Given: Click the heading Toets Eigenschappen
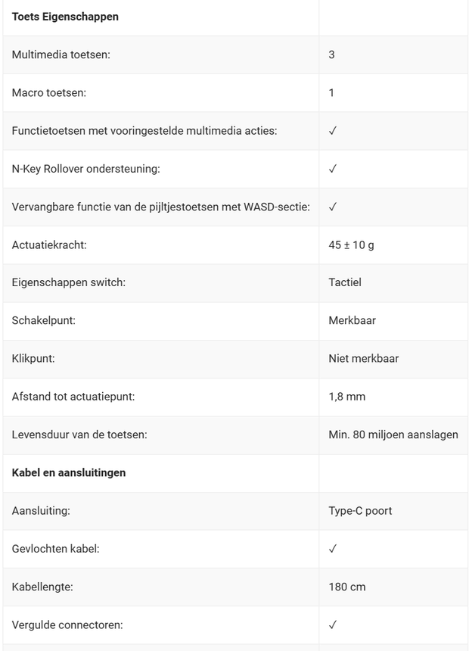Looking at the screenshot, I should (x=65, y=17).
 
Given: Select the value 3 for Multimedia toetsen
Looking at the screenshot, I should (x=331, y=55).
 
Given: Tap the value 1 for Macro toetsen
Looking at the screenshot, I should (x=331, y=93).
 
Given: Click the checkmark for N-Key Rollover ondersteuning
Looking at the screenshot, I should (x=333, y=169).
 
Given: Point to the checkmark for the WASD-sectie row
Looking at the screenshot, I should (x=333, y=207).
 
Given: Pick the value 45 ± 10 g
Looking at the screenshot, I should (x=351, y=245).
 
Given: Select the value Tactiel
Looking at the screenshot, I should (x=345, y=282).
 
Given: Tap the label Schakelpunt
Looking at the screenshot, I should (x=44, y=320).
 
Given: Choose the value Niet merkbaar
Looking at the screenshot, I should (x=363, y=358).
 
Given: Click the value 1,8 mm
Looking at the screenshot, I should (x=346, y=396).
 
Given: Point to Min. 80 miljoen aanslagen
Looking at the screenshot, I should (x=393, y=435).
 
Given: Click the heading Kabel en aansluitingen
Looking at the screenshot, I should (x=69, y=472).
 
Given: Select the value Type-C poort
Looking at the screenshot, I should (x=360, y=510).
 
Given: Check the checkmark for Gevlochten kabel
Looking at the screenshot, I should (x=333, y=548).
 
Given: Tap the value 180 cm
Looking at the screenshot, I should (x=347, y=587).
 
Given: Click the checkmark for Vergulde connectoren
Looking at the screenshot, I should (x=333, y=625).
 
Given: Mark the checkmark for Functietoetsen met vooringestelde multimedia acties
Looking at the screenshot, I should (x=333, y=131).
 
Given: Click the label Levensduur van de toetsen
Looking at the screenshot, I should (x=79, y=435).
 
